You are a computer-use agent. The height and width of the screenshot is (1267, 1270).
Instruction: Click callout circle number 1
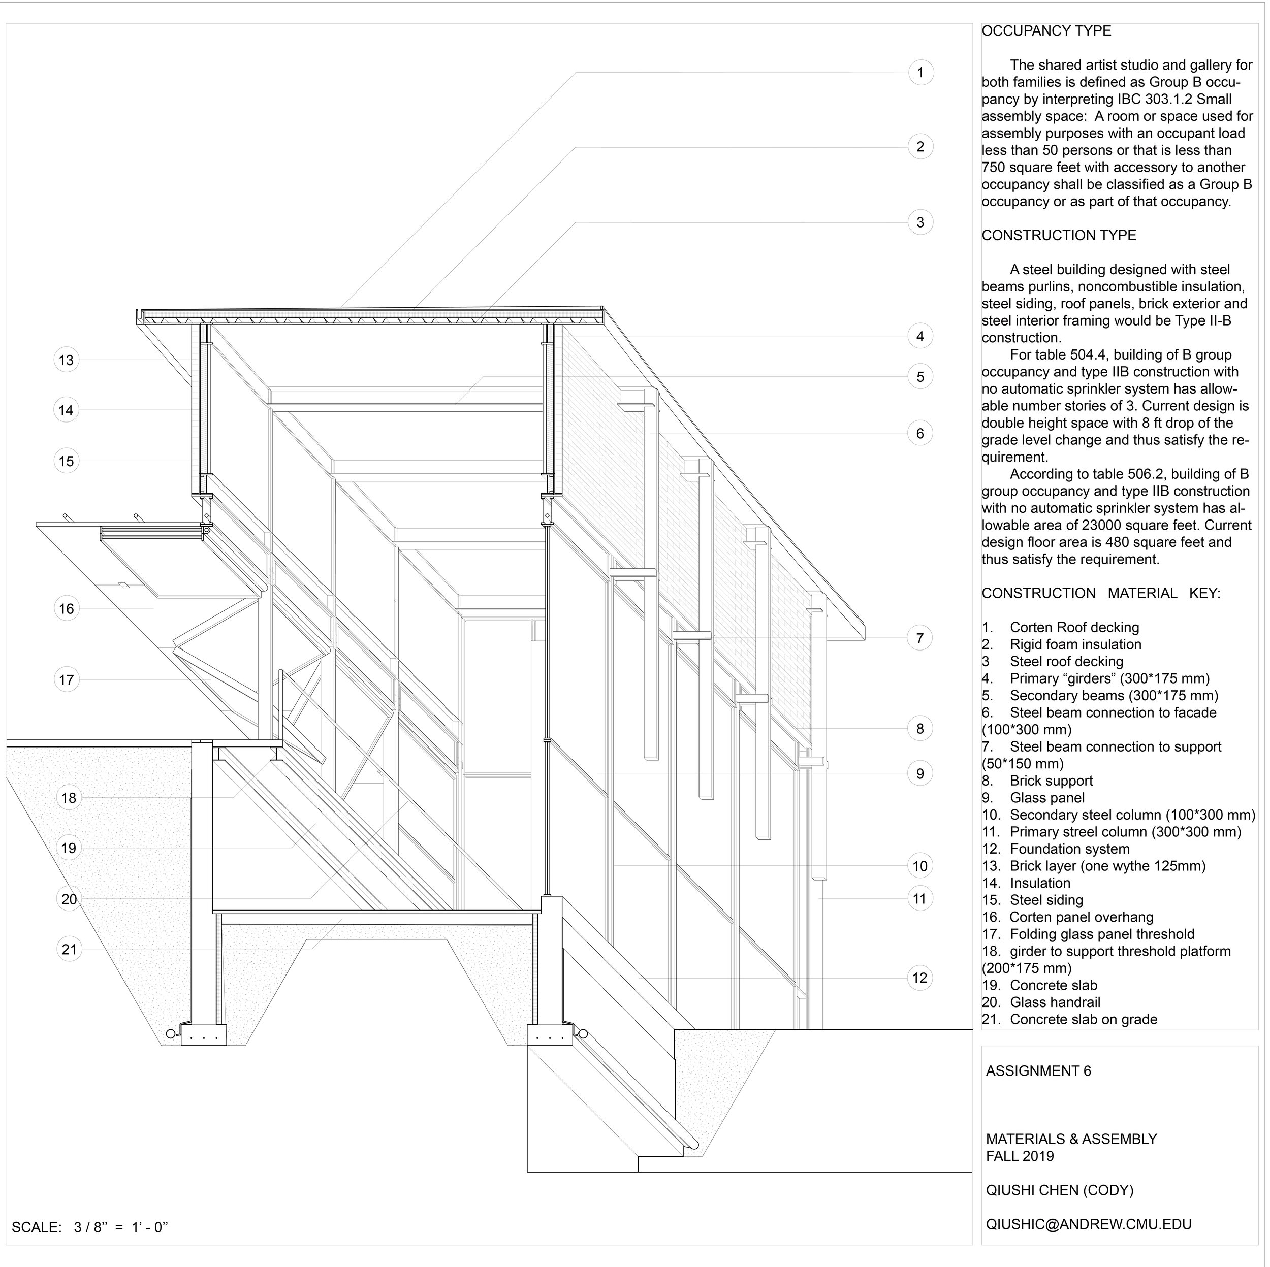click(920, 72)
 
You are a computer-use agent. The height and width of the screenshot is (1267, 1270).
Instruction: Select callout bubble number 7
click(919, 637)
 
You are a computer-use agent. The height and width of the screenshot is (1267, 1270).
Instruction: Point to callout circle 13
click(67, 360)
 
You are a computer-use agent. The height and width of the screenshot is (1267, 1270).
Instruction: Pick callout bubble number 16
click(67, 608)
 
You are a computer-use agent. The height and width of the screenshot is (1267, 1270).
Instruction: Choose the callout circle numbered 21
click(69, 949)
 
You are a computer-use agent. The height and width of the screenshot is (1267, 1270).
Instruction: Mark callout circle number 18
click(69, 798)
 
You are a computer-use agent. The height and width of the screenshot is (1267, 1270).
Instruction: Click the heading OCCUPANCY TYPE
click(1046, 31)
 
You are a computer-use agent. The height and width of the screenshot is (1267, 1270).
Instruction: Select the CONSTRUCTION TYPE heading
click(1058, 235)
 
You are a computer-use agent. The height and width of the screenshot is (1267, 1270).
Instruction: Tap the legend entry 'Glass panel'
click(1047, 798)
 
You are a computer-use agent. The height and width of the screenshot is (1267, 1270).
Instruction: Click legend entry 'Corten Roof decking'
click(1074, 628)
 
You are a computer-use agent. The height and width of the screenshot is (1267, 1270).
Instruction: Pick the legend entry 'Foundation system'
click(1069, 849)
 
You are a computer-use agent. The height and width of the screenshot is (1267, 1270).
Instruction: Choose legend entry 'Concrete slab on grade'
click(1084, 1019)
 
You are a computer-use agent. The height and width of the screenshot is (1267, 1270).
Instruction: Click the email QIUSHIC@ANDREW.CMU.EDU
click(1089, 1224)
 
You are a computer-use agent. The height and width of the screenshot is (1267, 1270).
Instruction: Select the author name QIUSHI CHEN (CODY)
click(1060, 1190)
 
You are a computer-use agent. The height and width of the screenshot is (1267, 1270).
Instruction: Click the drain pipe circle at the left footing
click(170, 1034)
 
